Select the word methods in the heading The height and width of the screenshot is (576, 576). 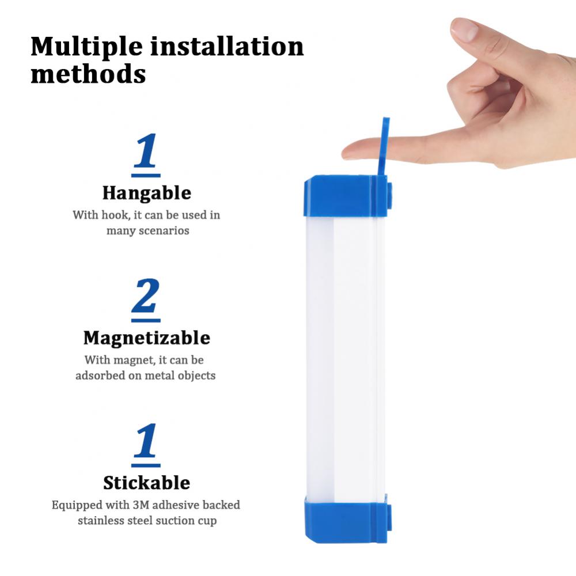88,74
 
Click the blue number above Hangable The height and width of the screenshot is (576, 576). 146,152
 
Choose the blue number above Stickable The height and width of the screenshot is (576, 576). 146,442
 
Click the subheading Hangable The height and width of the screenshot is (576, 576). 146,193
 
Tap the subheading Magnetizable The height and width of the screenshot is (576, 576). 146,338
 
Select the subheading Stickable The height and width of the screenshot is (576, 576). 146,482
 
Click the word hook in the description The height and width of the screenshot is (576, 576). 112,215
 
